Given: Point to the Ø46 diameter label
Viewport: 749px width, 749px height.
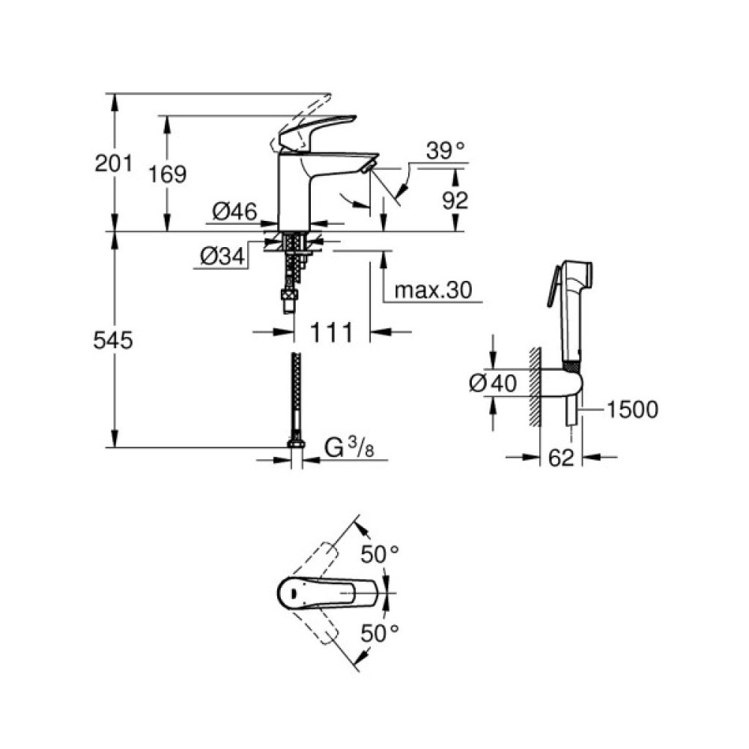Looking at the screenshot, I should tap(234, 213).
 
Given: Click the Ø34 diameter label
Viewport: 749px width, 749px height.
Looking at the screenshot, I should tap(222, 257).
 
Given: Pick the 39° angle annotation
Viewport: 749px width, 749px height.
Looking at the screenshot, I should tap(445, 151).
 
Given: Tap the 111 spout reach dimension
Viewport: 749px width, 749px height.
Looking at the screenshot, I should tap(330, 333).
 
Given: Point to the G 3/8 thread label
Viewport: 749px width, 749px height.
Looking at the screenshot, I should tap(349, 449).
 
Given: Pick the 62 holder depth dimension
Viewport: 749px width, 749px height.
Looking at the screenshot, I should tap(561, 457).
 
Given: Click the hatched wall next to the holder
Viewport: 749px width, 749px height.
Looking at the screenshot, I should tap(533, 386).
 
